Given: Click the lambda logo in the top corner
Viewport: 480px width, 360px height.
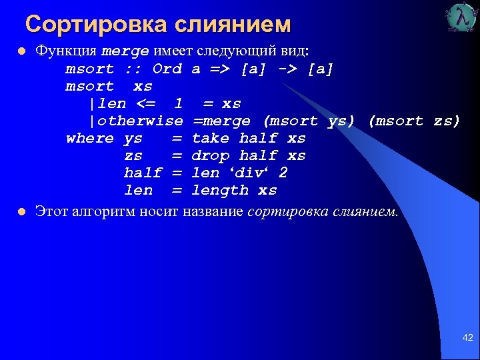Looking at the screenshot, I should coord(461,18).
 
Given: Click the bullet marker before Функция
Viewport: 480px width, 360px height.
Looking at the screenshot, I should coord(21,52).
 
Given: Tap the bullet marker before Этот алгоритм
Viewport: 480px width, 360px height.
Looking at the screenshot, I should coord(21,212).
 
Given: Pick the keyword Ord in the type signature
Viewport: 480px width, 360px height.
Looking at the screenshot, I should coord(167,69).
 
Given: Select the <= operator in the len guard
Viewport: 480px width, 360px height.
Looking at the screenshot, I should coord(147,103).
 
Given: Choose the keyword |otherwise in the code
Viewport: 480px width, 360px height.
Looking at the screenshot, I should coord(136,121).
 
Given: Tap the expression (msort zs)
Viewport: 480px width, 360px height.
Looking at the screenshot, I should coord(414,121).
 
